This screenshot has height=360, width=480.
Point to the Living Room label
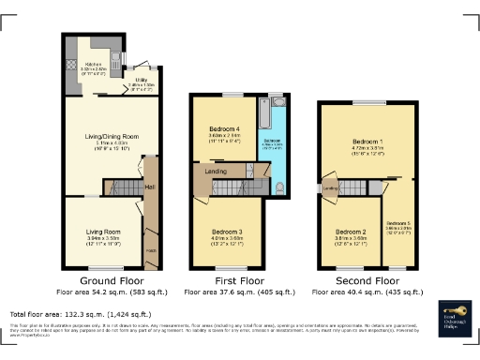coord(104,231)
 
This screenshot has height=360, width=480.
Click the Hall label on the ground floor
coord(150,187)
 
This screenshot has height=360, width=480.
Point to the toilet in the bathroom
coord(281,187)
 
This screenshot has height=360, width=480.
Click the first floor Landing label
coord(215,172)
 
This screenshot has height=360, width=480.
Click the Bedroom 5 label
coord(399,222)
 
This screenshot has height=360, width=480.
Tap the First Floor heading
coord(226,279)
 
